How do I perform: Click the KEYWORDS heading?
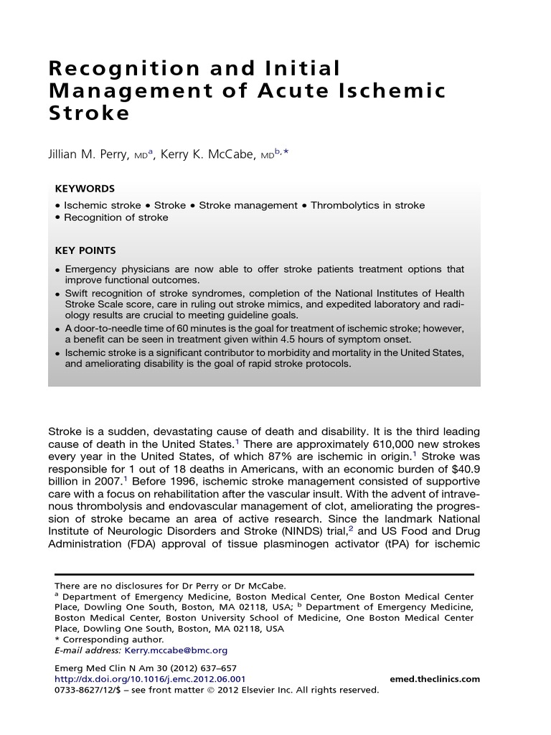click(x=85, y=189)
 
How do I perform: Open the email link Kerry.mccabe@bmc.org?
click(x=176, y=650)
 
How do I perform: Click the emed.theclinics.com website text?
click(x=434, y=679)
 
